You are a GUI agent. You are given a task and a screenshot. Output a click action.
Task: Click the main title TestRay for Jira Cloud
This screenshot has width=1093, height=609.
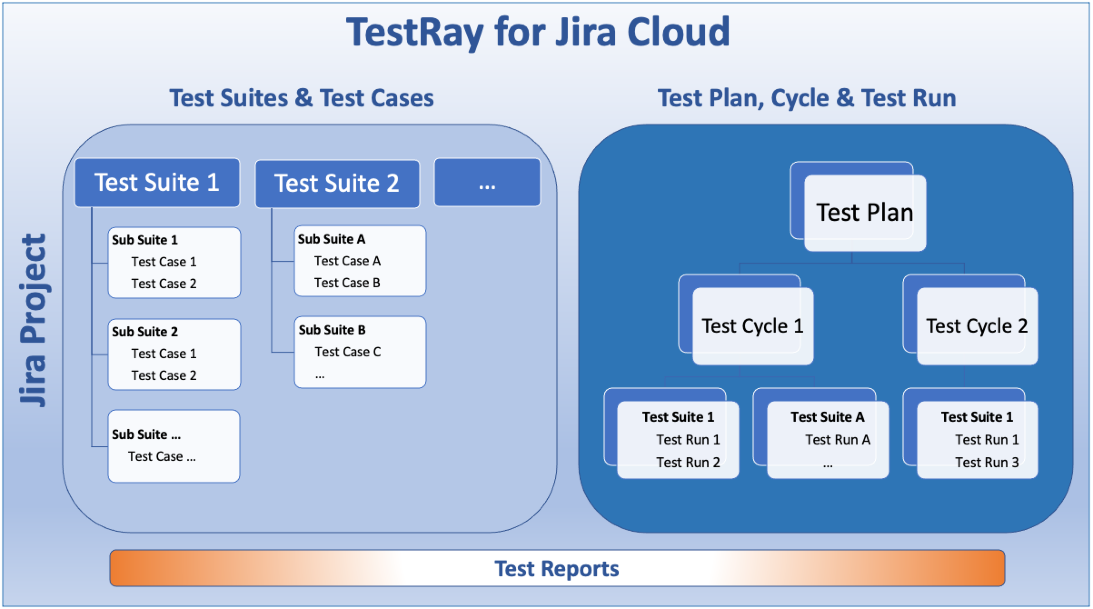tap(538, 32)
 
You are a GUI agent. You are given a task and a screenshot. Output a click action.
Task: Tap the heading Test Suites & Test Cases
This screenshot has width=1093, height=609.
tap(302, 98)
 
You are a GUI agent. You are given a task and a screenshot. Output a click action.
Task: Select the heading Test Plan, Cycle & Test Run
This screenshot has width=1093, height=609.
tap(807, 98)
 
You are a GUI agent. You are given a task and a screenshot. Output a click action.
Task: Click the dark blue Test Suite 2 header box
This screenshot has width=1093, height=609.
tap(337, 184)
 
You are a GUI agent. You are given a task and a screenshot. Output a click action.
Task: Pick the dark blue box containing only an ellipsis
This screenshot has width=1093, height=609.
tap(487, 183)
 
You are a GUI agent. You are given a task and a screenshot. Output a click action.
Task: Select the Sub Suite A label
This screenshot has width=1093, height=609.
tap(332, 239)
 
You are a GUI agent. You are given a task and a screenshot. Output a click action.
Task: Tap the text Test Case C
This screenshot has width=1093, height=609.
tap(348, 352)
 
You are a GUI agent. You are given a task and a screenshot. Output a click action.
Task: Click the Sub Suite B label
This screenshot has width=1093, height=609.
tap(332, 330)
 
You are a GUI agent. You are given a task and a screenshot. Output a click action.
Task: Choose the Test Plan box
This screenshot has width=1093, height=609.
tap(864, 213)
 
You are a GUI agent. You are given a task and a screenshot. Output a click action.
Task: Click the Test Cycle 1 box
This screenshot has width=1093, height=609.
tap(752, 326)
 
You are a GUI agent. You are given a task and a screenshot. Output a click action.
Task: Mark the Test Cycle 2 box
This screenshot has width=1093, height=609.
tap(977, 326)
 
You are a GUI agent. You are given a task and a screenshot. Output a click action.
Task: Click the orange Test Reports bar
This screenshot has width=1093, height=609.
tap(557, 568)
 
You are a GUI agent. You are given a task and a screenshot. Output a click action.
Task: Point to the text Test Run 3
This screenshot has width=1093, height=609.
tap(987, 462)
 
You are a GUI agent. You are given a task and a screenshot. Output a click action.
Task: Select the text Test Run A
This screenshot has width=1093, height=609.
tap(838, 439)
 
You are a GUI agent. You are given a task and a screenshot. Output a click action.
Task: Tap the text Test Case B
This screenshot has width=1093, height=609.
tap(347, 283)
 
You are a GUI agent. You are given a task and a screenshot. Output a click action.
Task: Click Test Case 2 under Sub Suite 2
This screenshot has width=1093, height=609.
tap(164, 375)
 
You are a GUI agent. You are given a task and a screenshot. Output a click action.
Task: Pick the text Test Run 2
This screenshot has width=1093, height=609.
tap(688, 462)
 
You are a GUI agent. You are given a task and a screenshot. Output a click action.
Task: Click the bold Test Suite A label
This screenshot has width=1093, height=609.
tap(827, 417)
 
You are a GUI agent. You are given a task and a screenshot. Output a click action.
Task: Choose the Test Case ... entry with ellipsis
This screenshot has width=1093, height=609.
tap(162, 456)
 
